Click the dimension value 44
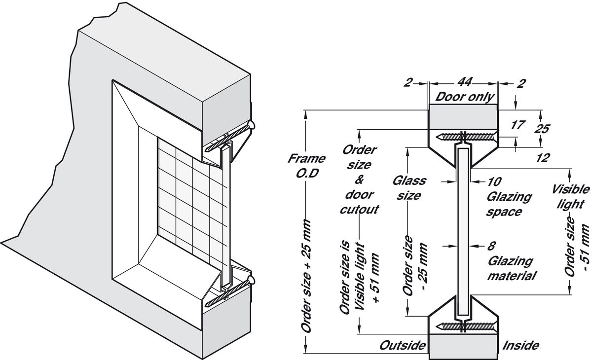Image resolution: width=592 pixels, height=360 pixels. pos(464,82)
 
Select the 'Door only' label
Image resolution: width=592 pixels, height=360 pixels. pos(464,97)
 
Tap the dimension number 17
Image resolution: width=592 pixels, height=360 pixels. pos(518,125)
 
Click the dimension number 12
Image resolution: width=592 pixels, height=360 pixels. pos(543,158)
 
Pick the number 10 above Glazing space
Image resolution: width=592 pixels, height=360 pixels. pos(494,181)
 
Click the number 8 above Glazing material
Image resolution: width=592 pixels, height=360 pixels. pos(491,246)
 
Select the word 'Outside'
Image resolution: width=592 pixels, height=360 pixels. pos(403,345)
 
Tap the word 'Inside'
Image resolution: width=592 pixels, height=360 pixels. pos(520,345)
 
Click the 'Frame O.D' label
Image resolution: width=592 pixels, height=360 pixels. pos(306,166)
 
